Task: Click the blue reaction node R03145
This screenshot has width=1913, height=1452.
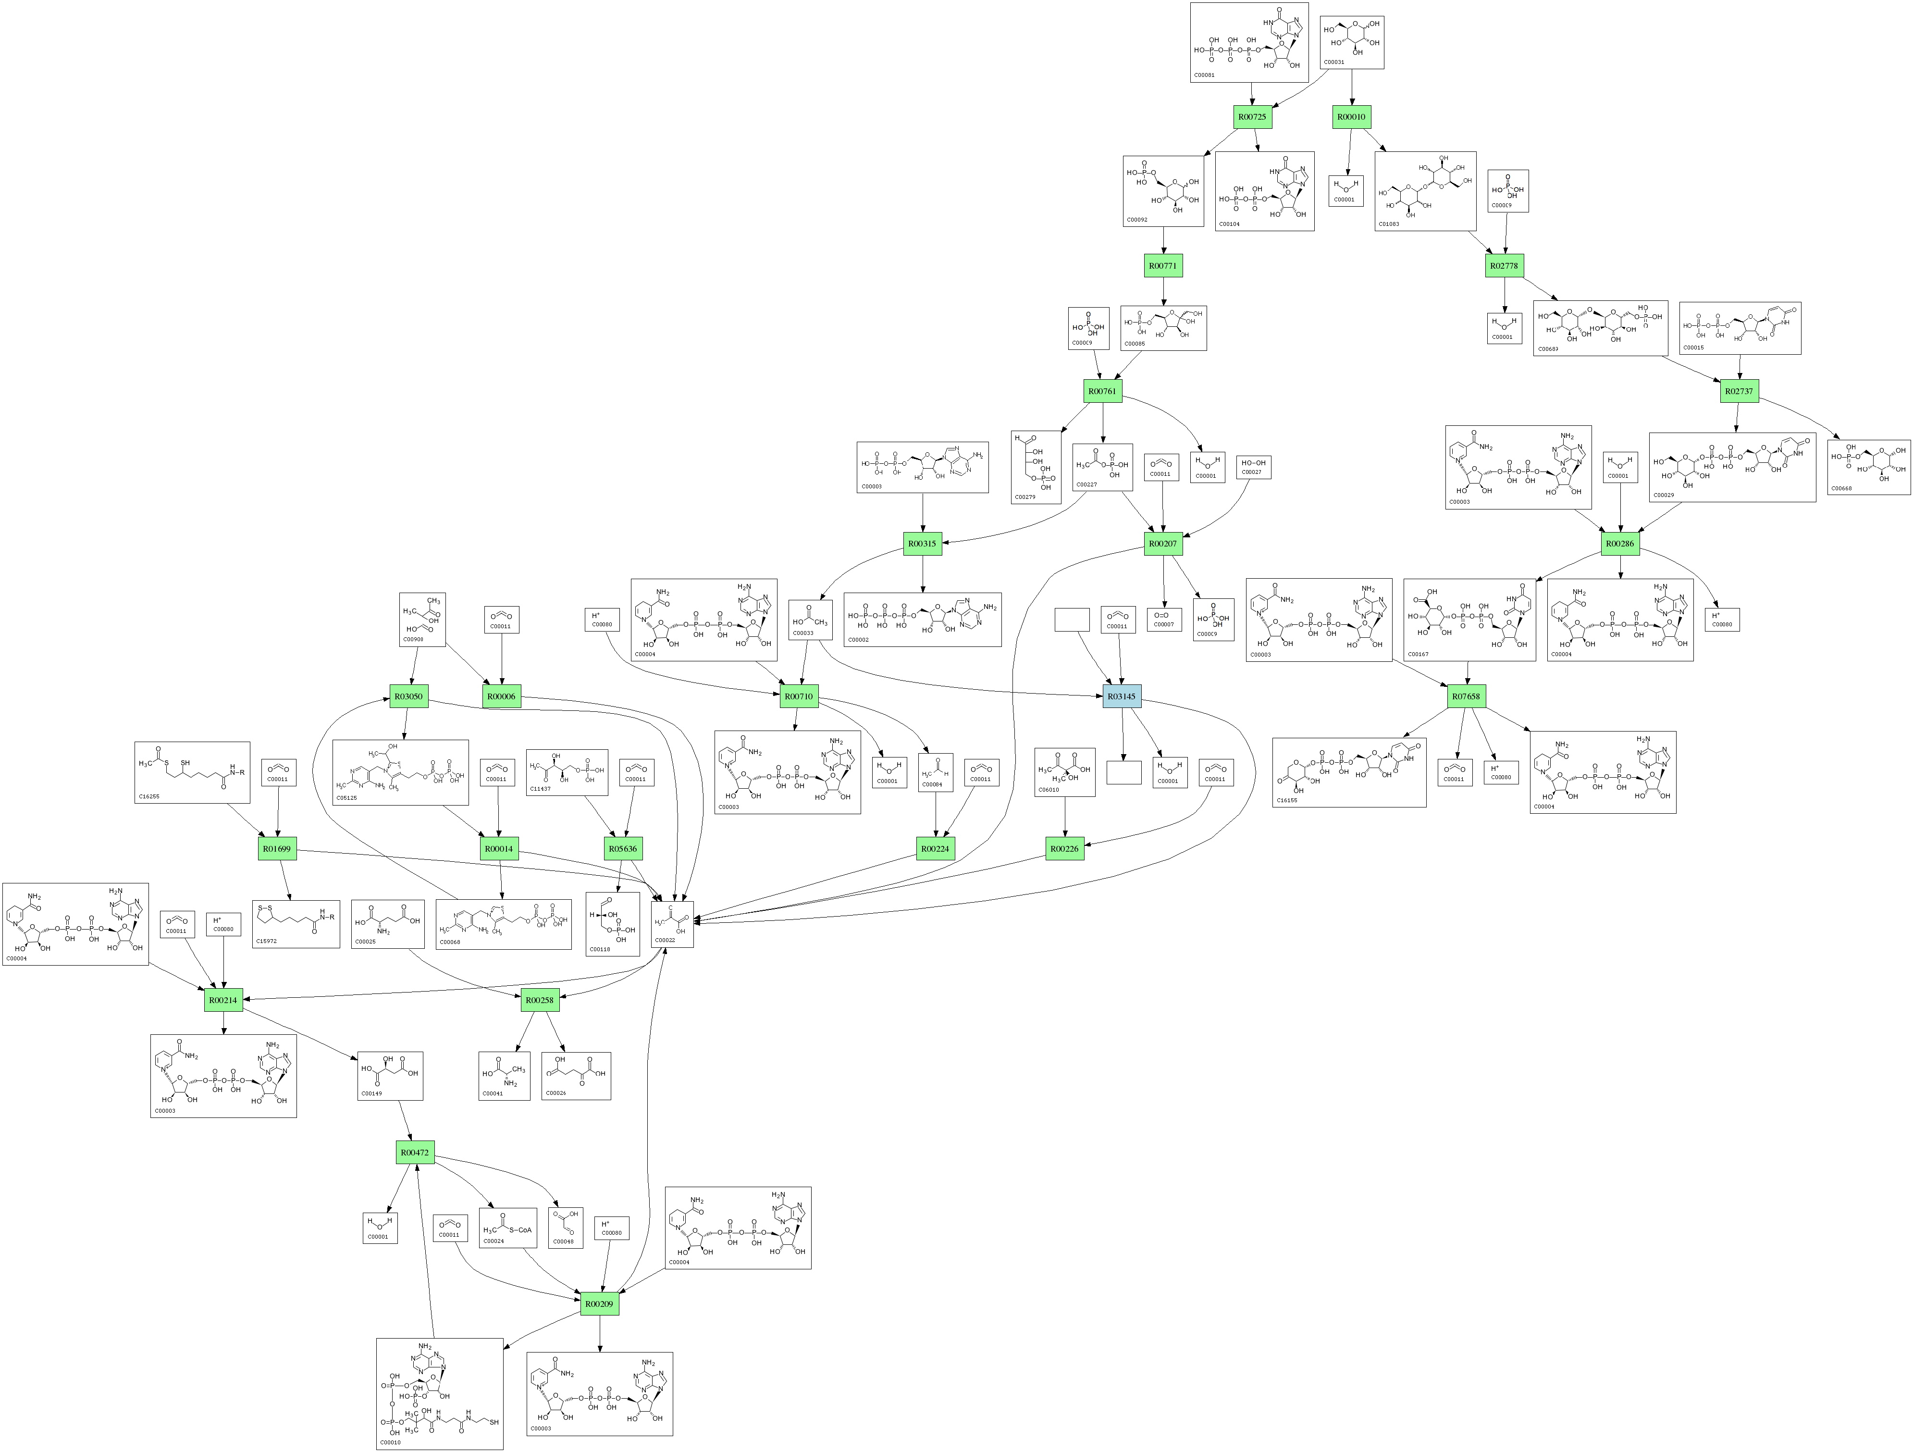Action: pyautogui.click(x=1122, y=696)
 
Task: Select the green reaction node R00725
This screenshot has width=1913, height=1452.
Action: pyautogui.click(x=1251, y=117)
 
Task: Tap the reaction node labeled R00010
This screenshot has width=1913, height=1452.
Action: pyautogui.click(x=1351, y=117)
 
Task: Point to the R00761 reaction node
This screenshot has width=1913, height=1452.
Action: pyautogui.click(x=1102, y=391)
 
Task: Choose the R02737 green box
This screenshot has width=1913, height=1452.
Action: pyautogui.click(x=1738, y=391)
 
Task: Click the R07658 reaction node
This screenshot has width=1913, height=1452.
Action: pyautogui.click(x=1466, y=696)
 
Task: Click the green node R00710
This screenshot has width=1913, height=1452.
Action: pyautogui.click(x=797, y=696)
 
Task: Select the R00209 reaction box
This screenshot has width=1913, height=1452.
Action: pyautogui.click(x=599, y=1303)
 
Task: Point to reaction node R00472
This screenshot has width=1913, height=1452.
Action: pyautogui.click(x=414, y=1152)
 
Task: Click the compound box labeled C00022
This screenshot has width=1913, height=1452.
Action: pyautogui.click(x=672, y=924)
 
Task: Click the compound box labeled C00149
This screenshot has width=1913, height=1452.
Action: pyautogui.click(x=390, y=1076)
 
